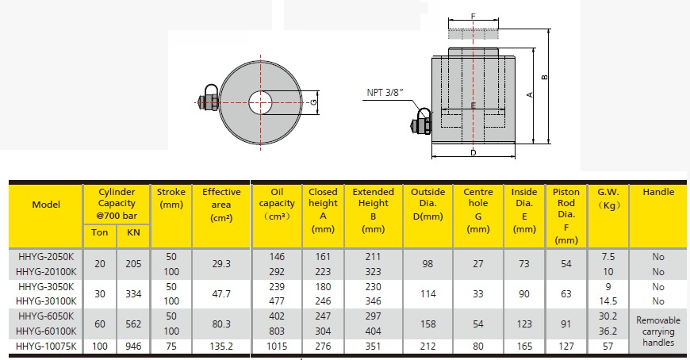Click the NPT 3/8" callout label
385,93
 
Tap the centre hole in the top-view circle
260,102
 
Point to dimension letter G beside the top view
314,102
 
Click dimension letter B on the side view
545,77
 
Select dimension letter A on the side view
530,94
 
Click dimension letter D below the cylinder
473,153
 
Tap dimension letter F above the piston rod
473,17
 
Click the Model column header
46,205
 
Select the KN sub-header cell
133,232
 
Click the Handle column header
658,192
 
